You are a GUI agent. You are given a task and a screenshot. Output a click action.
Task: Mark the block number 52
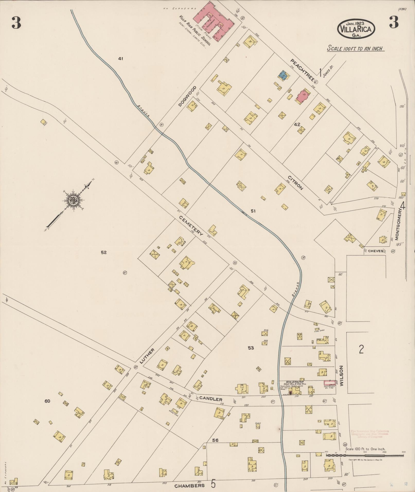[x=103, y=253]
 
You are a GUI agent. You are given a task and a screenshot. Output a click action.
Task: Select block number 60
[x=47, y=401]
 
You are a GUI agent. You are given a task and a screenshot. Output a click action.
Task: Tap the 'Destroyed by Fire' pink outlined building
[x=329, y=383]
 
